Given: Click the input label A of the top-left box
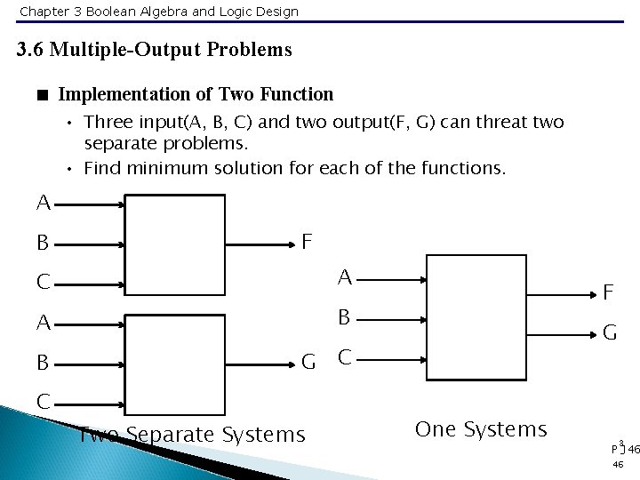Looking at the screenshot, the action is [x=44, y=204].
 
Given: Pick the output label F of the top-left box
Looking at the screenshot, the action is [x=307, y=242].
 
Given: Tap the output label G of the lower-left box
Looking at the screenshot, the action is [x=308, y=361].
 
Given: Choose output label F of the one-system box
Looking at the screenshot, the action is [x=610, y=292].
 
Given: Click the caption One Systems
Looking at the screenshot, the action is [x=481, y=429].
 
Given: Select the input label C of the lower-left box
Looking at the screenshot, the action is [x=44, y=402].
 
